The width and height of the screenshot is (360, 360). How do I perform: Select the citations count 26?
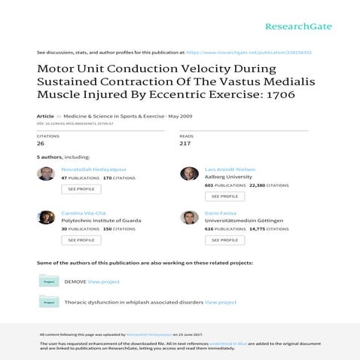(x=41, y=143)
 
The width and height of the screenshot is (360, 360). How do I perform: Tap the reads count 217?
(x=185, y=143)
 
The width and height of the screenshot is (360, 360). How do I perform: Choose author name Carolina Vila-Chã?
(x=85, y=213)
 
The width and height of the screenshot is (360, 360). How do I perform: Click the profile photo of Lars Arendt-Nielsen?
(x=189, y=174)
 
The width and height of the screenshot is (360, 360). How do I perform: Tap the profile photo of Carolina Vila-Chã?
(x=46, y=217)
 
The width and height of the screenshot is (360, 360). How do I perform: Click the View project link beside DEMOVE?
(x=104, y=282)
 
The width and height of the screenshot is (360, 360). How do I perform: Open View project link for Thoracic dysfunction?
(x=221, y=302)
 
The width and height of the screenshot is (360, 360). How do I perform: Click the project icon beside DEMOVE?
(x=49, y=282)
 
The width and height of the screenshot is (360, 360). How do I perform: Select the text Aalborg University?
(x=229, y=177)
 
